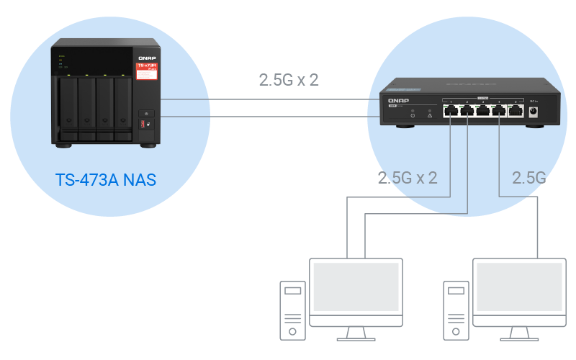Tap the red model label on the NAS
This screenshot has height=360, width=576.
(146, 68)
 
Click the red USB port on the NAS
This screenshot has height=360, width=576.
(143, 125)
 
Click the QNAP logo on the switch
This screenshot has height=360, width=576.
(398, 100)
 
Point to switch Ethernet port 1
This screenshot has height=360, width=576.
(450, 111)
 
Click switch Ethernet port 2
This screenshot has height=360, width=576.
(467, 111)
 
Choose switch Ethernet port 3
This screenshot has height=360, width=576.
(483, 111)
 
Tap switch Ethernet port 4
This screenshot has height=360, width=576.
(500, 111)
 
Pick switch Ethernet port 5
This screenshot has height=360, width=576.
(516, 111)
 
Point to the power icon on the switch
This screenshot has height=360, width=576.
(413, 115)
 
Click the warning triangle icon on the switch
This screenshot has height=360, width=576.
(429, 115)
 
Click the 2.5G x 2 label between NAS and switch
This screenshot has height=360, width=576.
(289, 79)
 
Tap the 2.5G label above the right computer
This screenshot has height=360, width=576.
(528, 177)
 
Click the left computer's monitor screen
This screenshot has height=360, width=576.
(355, 286)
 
